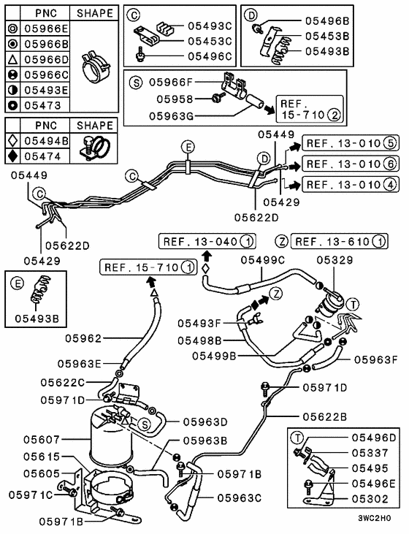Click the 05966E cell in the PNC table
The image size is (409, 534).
[x=46, y=28]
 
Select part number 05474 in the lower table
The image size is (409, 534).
[x=42, y=156]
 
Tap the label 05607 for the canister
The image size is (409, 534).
[x=42, y=440]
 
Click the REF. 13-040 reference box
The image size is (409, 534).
[x=207, y=242]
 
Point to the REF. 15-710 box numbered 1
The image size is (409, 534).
[x=148, y=267]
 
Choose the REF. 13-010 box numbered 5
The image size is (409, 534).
[x=351, y=143]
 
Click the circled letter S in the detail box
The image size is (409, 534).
[x=136, y=83]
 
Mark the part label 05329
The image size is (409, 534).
[x=335, y=260]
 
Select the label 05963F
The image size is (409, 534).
[x=375, y=359]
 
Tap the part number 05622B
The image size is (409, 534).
[x=324, y=416]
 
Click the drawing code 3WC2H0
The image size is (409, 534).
[x=374, y=518]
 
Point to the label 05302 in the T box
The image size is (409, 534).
[x=370, y=499]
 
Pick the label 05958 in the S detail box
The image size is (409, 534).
[x=175, y=99]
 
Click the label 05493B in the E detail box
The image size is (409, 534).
[x=37, y=319]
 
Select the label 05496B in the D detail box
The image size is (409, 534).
[x=327, y=21]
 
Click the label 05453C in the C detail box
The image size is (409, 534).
[x=210, y=41]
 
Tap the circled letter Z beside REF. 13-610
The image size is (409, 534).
[x=282, y=242]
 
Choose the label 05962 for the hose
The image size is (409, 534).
[x=83, y=338]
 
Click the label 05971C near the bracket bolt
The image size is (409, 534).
[x=31, y=495]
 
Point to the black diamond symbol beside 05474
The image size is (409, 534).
[x=12, y=156]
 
